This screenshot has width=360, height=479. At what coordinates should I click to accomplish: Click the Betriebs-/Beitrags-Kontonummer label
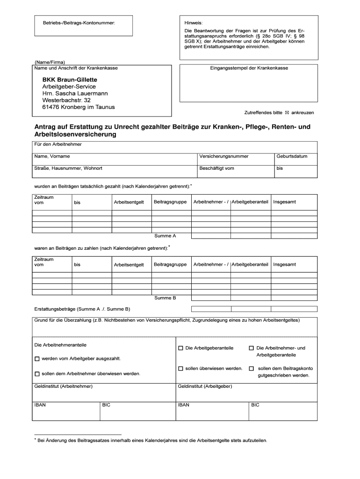79,22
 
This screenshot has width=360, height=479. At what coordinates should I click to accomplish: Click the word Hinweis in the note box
193,22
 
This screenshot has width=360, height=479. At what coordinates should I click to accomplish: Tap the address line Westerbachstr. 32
66,100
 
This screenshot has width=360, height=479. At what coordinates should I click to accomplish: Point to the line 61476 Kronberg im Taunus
78,107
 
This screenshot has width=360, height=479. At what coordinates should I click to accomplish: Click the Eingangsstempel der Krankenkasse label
249,68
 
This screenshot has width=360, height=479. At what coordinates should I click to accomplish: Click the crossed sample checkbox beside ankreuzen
287,113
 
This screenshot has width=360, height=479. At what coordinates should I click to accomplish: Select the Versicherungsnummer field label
223,156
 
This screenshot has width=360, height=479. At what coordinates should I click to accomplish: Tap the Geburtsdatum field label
292,156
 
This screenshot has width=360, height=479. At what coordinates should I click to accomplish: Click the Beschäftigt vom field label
216,168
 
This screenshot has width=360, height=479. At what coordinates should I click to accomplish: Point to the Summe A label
165,236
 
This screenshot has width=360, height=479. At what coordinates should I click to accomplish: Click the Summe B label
165,298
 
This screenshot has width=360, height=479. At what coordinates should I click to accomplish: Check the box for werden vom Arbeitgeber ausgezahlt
37,359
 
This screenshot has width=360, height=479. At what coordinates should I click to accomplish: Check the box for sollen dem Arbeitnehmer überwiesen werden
37,374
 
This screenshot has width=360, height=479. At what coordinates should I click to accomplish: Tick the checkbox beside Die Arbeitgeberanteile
180,348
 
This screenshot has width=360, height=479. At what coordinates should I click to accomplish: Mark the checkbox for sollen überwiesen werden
180,369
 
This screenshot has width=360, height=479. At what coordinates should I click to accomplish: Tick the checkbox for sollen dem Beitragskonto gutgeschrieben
251,369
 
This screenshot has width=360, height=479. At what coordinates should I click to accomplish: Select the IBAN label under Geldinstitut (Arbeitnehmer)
40,405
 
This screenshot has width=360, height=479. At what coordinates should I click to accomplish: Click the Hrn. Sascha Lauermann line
75,94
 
